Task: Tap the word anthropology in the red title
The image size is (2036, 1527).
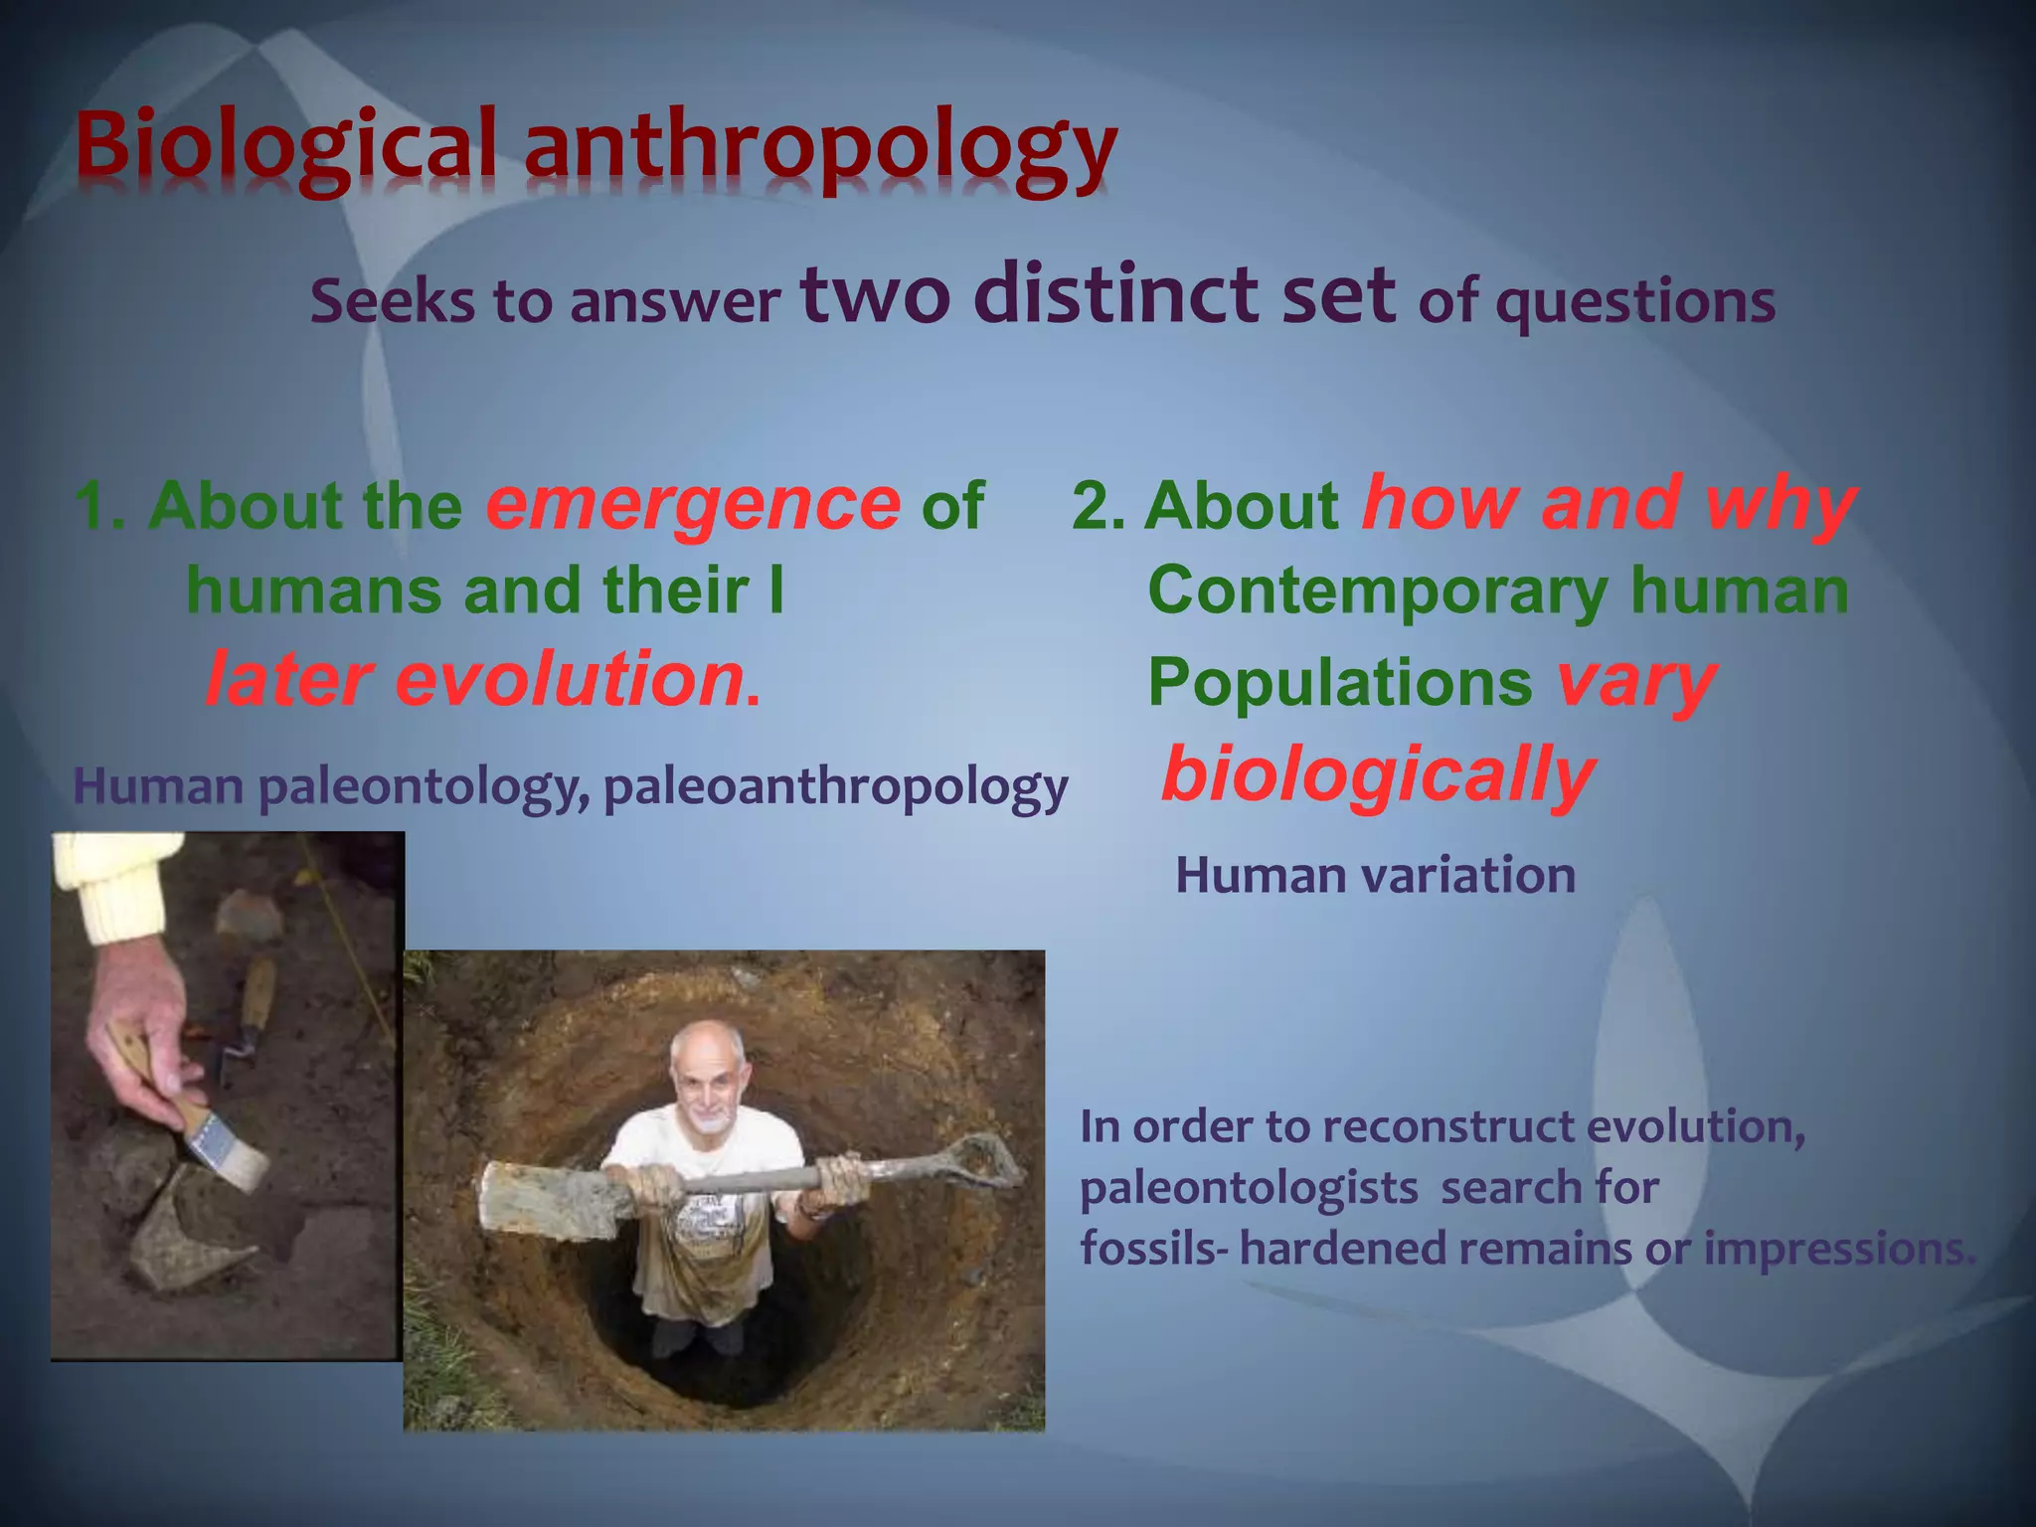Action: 820,149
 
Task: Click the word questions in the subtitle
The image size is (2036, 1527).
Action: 1635,303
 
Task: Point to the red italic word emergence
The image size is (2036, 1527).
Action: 693,504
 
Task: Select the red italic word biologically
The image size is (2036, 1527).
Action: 1378,775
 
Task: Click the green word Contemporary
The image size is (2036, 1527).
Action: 1377,592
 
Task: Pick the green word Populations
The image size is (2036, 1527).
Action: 1339,683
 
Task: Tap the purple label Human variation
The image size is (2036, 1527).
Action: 1375,876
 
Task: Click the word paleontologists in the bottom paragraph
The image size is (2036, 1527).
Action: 1248,1189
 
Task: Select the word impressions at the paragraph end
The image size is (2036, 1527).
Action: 1838,1249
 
